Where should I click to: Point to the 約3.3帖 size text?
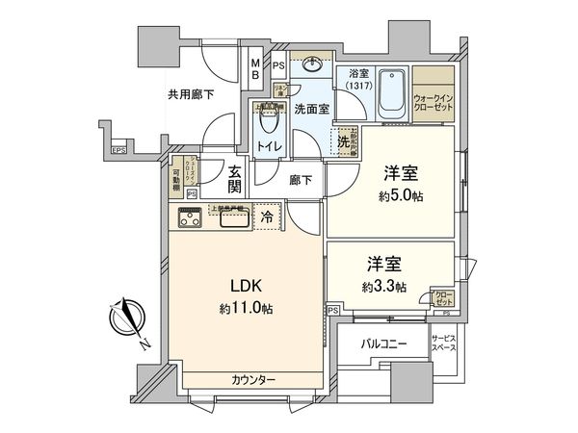pos(382,286)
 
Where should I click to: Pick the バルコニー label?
pos(383,344)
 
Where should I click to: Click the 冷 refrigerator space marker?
pos(266,218)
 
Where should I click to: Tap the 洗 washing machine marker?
pos(343,141)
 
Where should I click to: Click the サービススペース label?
pos(445,344)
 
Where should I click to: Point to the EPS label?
pos(118,150)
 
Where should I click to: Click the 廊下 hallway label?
pos(299,179)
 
